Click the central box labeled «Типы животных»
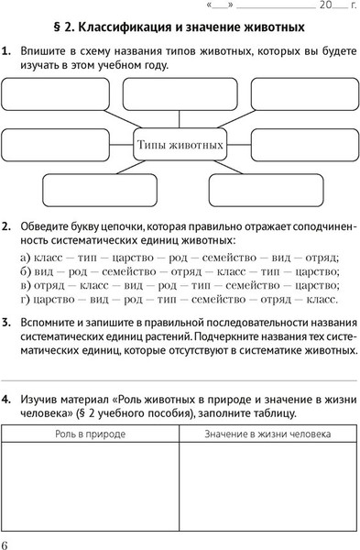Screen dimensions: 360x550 pyautogui.click(x=180, y=145)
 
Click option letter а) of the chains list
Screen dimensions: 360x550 pyautogui.click(x=25, y=258)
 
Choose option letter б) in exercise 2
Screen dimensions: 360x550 pyautogui.click(x=25, y=271)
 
